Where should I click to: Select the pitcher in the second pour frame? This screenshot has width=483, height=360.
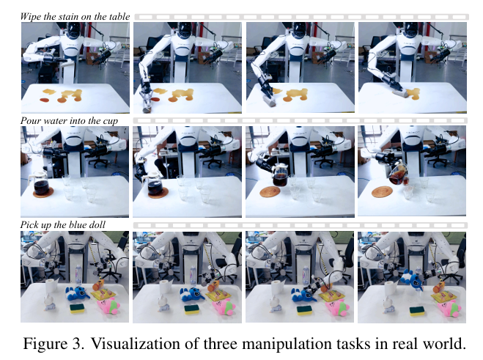tap(155, 185)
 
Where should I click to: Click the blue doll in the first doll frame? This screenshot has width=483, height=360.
tap(77, 294)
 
